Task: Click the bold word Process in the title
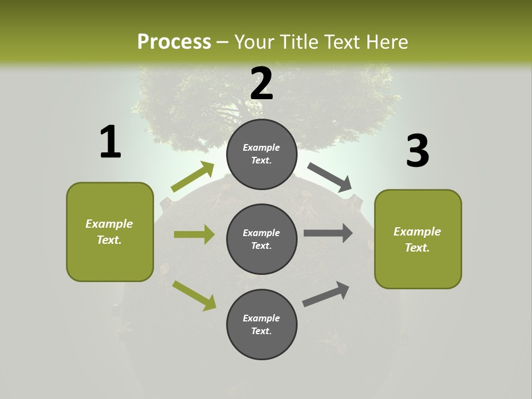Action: click(174, 42)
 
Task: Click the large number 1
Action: click(110, 142)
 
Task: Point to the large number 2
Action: click(262, 84)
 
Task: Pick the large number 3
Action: click(417, 151)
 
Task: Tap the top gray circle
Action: click(262, 154)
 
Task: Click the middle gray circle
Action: click(262, 239)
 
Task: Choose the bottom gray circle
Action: click(262, 324)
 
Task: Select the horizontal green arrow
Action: click(194, 234)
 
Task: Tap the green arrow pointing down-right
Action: click(194, 295)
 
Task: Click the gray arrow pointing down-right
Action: click(330, 177)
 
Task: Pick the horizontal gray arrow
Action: click(328, 233)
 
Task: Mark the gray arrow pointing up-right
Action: click(326, 294)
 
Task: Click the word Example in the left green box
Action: click(109, 224)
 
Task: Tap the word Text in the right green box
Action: click(417, 248)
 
